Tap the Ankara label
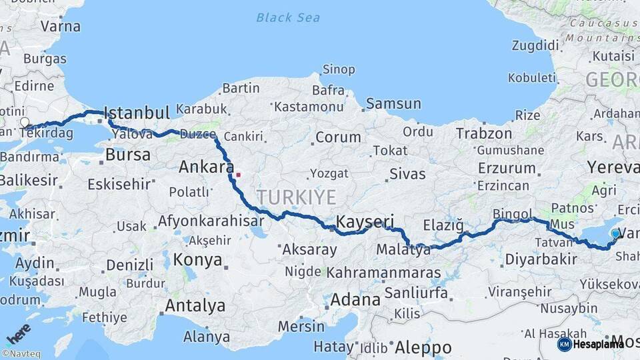pos(206,167)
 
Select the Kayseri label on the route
pos(365,221)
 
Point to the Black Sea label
pos(288,17)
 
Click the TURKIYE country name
pos(297,196)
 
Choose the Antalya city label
pos(194,306)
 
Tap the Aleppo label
pos(423,347)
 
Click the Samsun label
pos(393,103)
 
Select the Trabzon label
pos(483,134)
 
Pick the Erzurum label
pos(507,169)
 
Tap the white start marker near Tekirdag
pos(25,123)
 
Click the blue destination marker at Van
pos(615,233)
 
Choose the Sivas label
pos(407,175)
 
